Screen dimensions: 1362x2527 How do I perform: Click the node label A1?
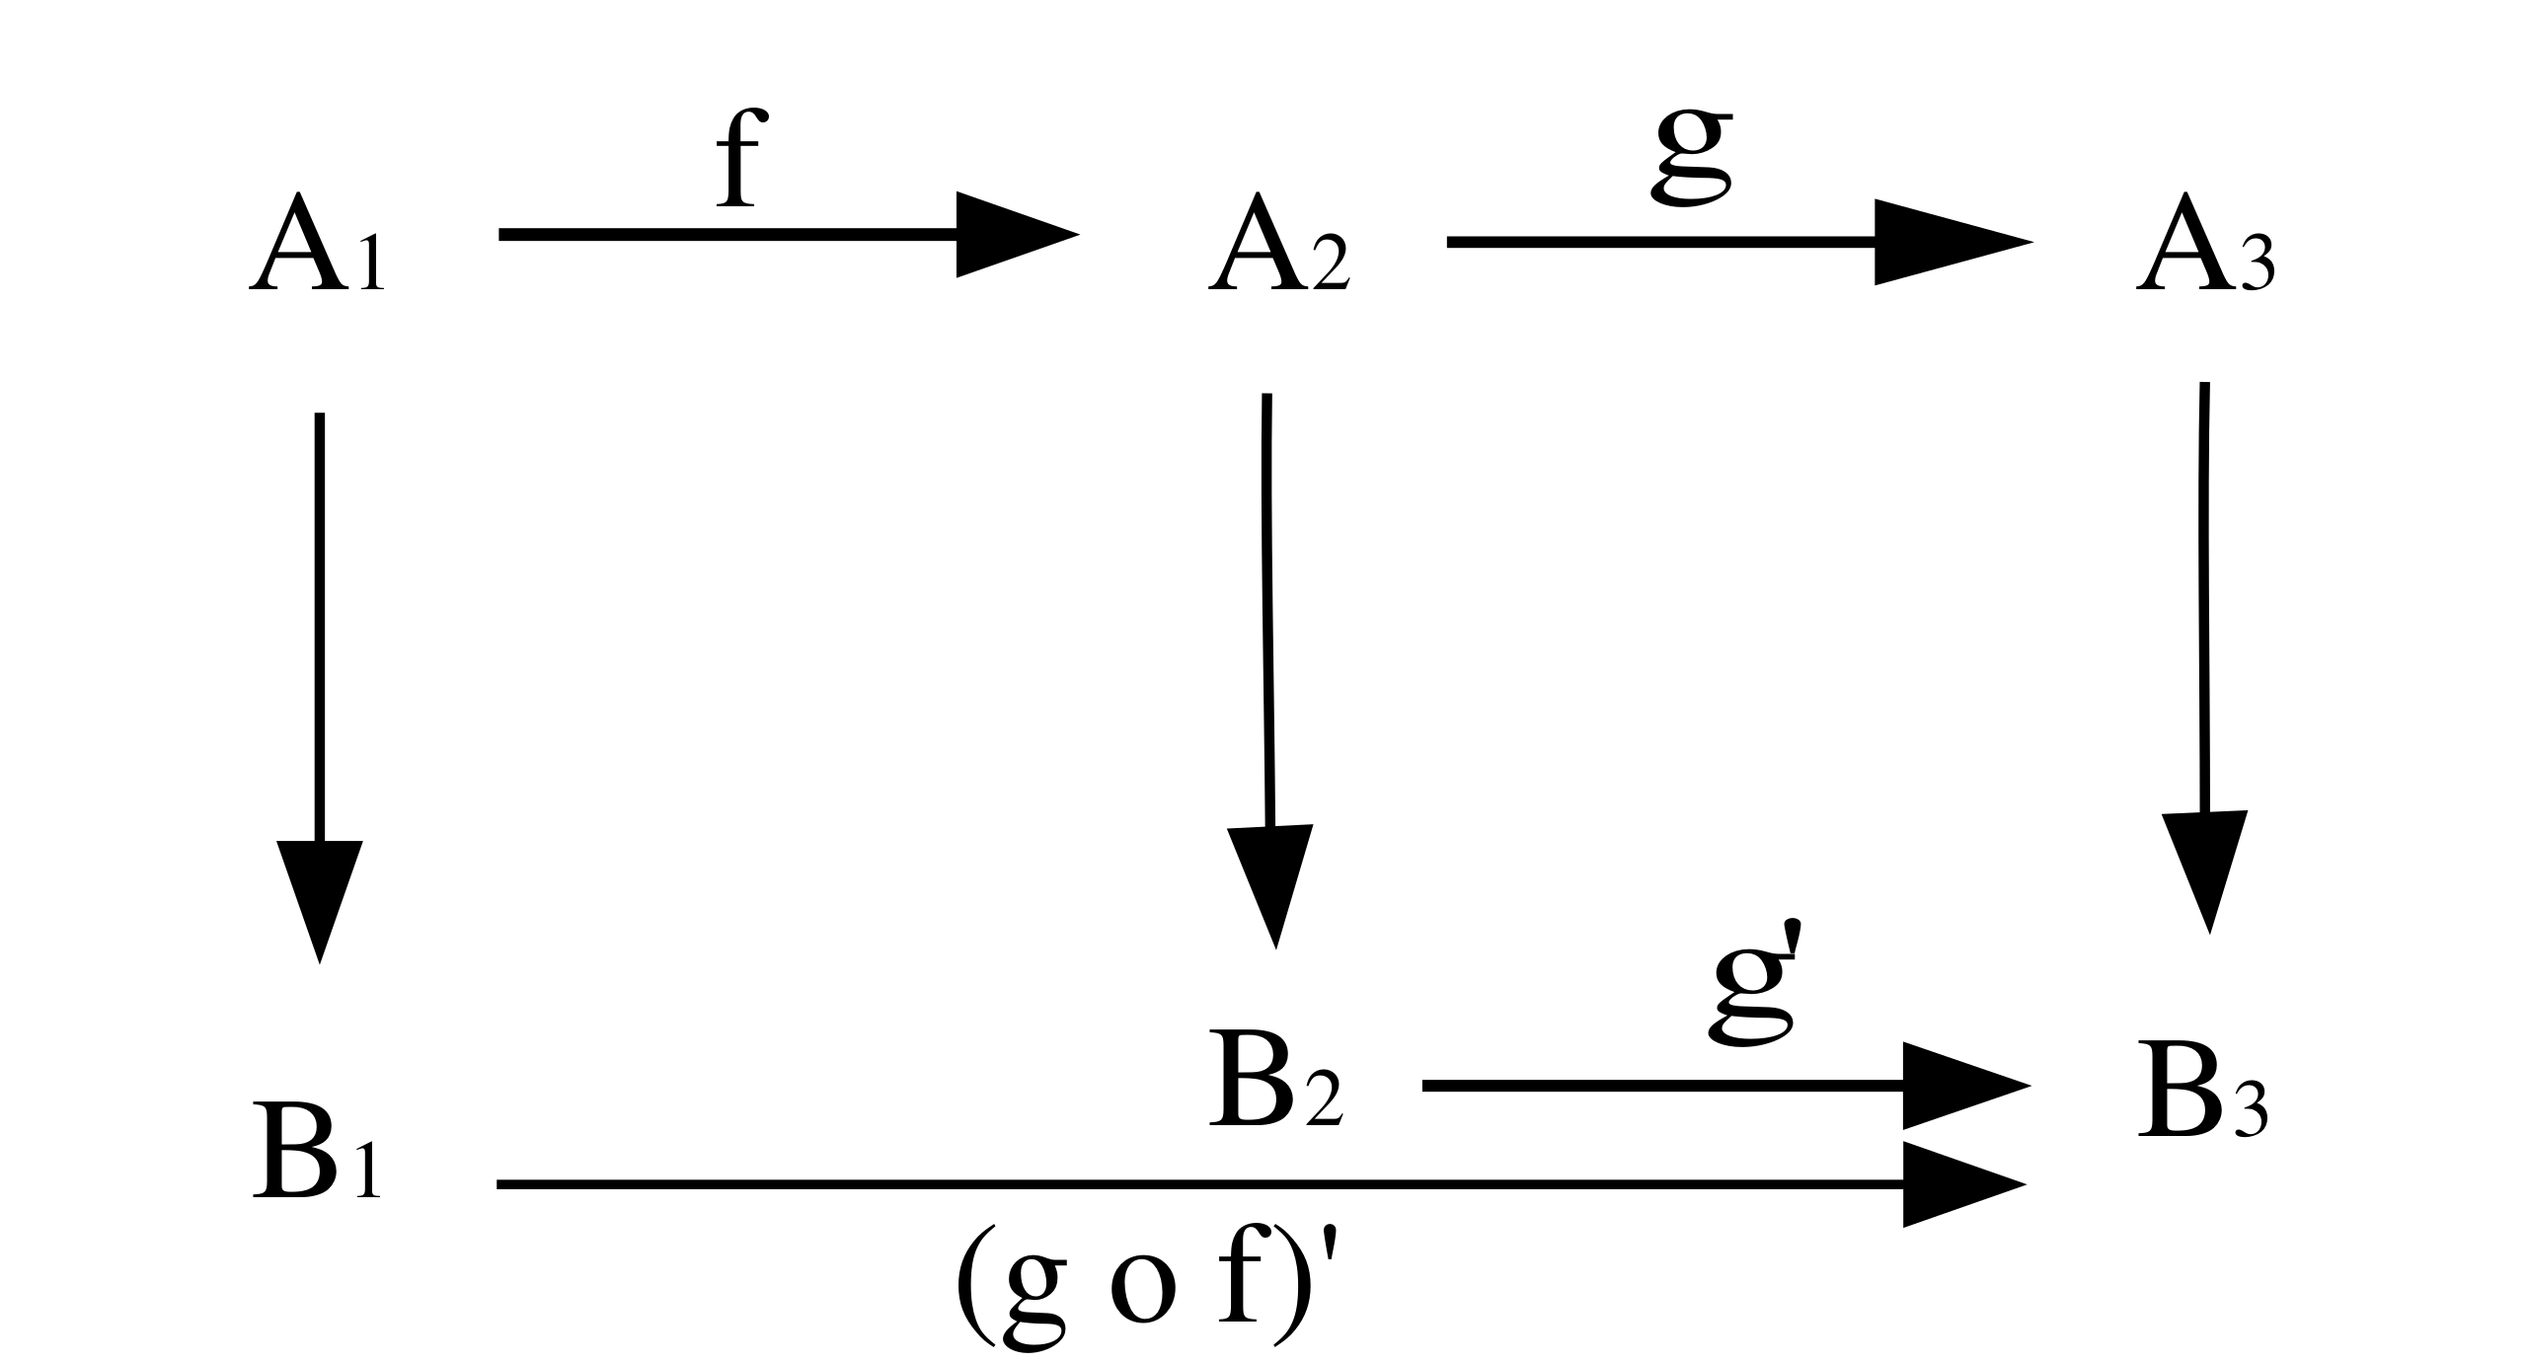tap(316, 245)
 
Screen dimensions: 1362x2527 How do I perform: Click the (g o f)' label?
tap(1150, 1305)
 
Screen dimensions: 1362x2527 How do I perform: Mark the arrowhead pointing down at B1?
tap(319, 893)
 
